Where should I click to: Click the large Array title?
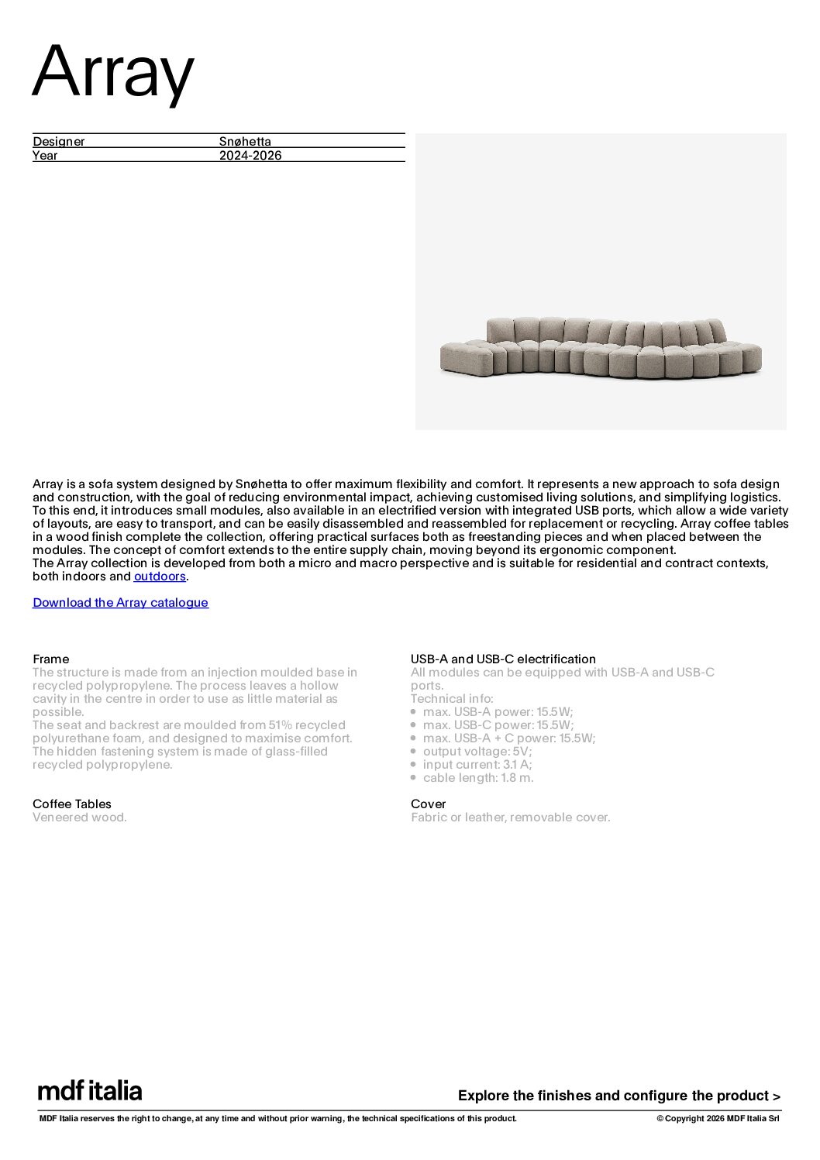click(113, 72)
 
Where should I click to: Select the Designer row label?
click(59, 141)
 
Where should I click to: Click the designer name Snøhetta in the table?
click(245, 141)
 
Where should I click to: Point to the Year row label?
click(45, 155)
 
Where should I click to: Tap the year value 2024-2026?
click(250, 155)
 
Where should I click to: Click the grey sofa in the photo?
click(601, 348)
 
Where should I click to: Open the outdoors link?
click(160, 577)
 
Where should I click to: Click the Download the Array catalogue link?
click(120, 603)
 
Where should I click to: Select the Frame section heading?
click(50, 659)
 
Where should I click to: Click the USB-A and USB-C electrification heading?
click(503, 659)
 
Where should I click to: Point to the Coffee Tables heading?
click(72, 804)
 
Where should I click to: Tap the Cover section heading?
click(428, 804)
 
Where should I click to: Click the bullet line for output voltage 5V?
click(477, 752)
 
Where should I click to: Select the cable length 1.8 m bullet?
click(477, 778)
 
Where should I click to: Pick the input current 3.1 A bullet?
click(477, 765)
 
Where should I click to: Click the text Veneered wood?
click(80, 818)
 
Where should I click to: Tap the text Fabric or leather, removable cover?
click(510, 818)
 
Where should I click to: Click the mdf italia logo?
click(90, 1091)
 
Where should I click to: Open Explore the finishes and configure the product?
click(618, 1096)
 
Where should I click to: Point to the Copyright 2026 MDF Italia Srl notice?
click(718, 1118)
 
